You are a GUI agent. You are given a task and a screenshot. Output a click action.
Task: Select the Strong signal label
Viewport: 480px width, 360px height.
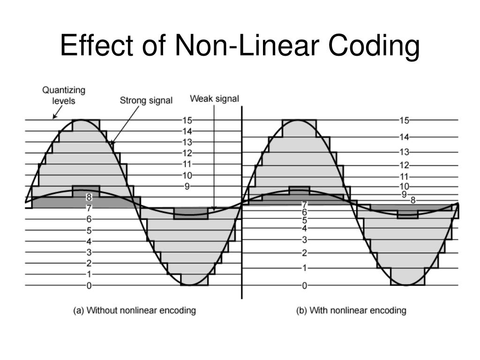click(x=146, y=100)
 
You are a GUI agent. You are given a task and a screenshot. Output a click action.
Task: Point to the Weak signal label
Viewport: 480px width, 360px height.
click(x=214, y=99)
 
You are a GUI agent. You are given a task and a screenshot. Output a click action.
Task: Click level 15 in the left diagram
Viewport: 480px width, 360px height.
click(x=187, y=120)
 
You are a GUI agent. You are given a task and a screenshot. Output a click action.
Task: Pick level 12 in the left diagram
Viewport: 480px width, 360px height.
click(x=187, y=153)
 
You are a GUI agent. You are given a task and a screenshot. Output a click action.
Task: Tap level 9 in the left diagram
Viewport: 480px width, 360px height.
click(x=187, y=186)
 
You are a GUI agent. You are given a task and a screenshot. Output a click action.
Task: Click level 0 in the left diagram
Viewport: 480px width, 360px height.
click(x=89, y=285)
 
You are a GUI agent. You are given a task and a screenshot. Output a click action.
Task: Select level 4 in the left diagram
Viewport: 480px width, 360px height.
click(x=89, y=241)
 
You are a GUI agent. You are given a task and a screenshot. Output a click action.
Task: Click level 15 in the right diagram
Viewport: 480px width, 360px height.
click(x=404, y=120)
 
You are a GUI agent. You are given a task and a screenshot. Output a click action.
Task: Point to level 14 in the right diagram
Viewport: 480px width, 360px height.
click(x=404, y=137)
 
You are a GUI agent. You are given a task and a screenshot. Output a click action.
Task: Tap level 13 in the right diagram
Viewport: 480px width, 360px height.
click(x=404, y=152)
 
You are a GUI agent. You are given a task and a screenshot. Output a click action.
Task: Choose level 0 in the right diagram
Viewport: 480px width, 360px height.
click(x=304, y=285)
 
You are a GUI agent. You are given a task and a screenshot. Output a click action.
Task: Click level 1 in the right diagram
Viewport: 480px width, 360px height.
click(x=304, y=269)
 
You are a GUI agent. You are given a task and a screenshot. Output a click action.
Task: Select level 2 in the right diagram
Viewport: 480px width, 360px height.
click(x=304, y=253)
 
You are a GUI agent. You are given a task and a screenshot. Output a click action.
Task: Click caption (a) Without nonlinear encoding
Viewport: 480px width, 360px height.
click(x=134, y=310)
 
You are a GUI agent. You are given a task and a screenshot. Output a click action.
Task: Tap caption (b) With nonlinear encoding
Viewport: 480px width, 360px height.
click(x=351, y=310)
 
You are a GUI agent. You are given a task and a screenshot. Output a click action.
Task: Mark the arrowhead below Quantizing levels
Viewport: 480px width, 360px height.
click(x=54, y=117)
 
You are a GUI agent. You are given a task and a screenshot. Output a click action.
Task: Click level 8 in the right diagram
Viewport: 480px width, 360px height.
click(x=412, y=200)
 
